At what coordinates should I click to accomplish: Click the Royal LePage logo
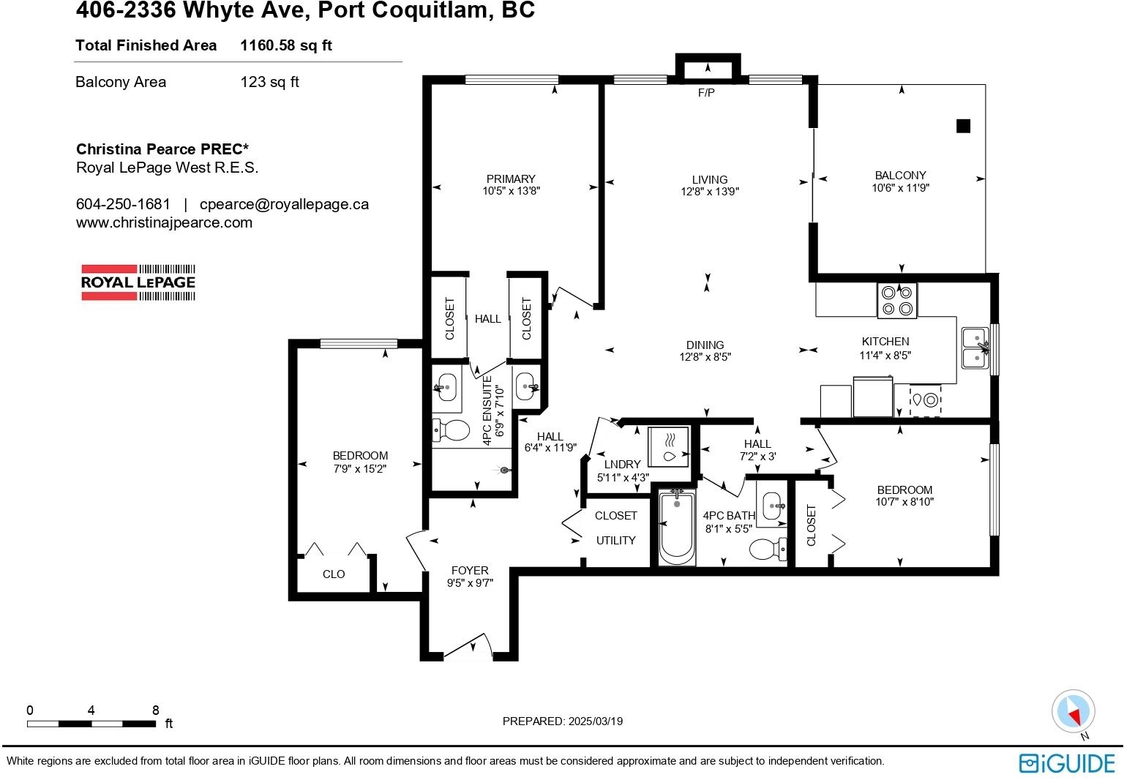pyautogui.click(x=138, y=282)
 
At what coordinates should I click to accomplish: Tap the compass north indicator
pyautogui.click(x=1074, y=712)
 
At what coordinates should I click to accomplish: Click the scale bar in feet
pyautogui.click(x=91, y=724)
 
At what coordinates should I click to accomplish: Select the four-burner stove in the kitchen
pyautogui.click(x=896, y=301)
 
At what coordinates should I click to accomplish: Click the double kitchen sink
pyautogui.click(x=975, y=348)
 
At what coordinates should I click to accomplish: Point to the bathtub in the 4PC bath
pyautogui.click(x=676, y=528)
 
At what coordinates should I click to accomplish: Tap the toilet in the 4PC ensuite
pyautogui.click(x=451, y=430)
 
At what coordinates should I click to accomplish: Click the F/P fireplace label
pyautogui.click(x=706, y=92)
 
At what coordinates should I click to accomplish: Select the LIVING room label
pyautogui.click(x=710, y=179)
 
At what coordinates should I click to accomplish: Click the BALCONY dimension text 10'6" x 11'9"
pyautogui.click(x=901, y=187)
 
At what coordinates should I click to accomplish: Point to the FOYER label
pyautogui.click(x=470, y=570)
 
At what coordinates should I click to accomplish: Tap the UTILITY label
pyautogui.click(x=615, y=540)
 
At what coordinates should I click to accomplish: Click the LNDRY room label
pyautogui.click(x=622, y=465)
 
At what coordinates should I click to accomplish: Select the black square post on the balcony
pyautogui.click(x=963, y=126)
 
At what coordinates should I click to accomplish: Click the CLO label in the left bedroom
pyautogui.click(x=334, y=574)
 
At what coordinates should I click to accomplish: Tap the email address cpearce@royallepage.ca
pyautogui.click(x=284, y=204)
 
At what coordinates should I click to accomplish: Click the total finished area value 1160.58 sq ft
pyautogui.click(x=286, y=45)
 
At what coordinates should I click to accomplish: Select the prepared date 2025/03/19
pyautogui.click(x=596, y=721)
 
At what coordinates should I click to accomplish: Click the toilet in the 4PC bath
pyautogui.click(x=768, y=549)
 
